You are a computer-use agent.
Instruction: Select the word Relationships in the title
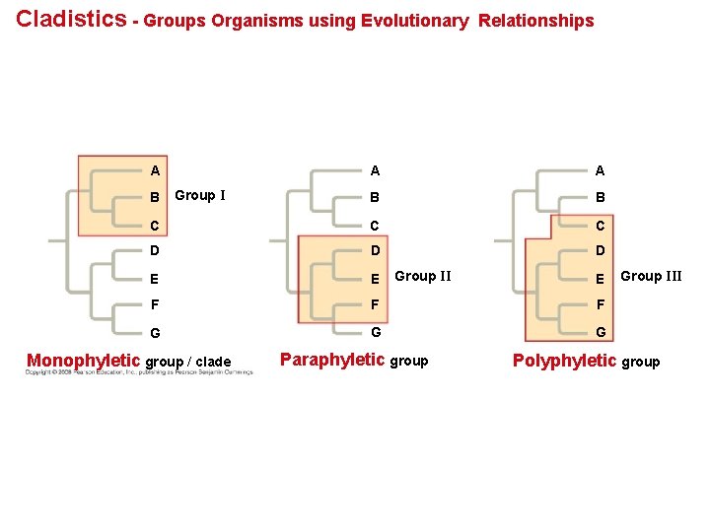click(536, 21)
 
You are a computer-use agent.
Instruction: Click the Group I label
click(200, 195)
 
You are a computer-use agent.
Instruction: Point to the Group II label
click(423, 276)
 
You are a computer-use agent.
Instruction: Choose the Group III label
click(651, 276)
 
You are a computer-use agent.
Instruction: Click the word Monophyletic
click(84, 361)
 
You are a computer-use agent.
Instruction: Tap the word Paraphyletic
click(332, 360)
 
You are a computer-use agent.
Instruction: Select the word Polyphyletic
click(565, 361)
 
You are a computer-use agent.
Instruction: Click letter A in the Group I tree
click(156, 170)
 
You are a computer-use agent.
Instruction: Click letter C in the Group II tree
click(375, 225)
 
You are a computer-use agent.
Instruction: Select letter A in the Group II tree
click(375, 170)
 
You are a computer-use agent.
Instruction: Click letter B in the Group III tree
click(601, 197)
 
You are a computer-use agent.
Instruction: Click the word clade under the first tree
click(213, 362)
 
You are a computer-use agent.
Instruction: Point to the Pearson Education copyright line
click(138, 372)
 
